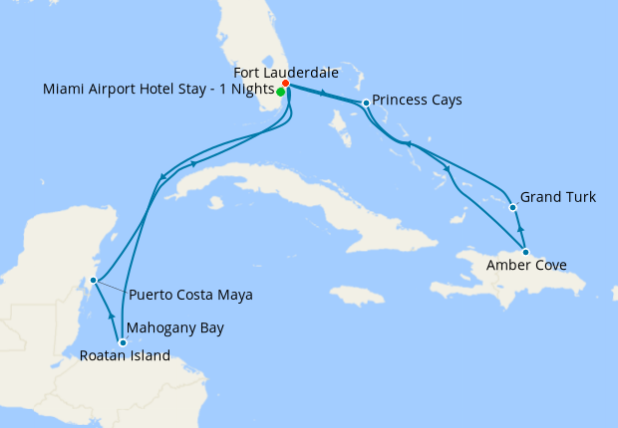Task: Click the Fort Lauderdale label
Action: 285,73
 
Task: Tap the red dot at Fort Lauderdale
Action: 286,84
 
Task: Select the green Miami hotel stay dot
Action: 280,92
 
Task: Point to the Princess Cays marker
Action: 367,103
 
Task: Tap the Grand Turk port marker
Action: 512,208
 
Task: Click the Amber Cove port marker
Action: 525,252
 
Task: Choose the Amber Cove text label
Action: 525,266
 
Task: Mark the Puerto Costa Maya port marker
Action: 93,281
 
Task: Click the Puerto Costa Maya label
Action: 190,295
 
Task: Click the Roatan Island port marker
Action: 123,342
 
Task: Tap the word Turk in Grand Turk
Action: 579,197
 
